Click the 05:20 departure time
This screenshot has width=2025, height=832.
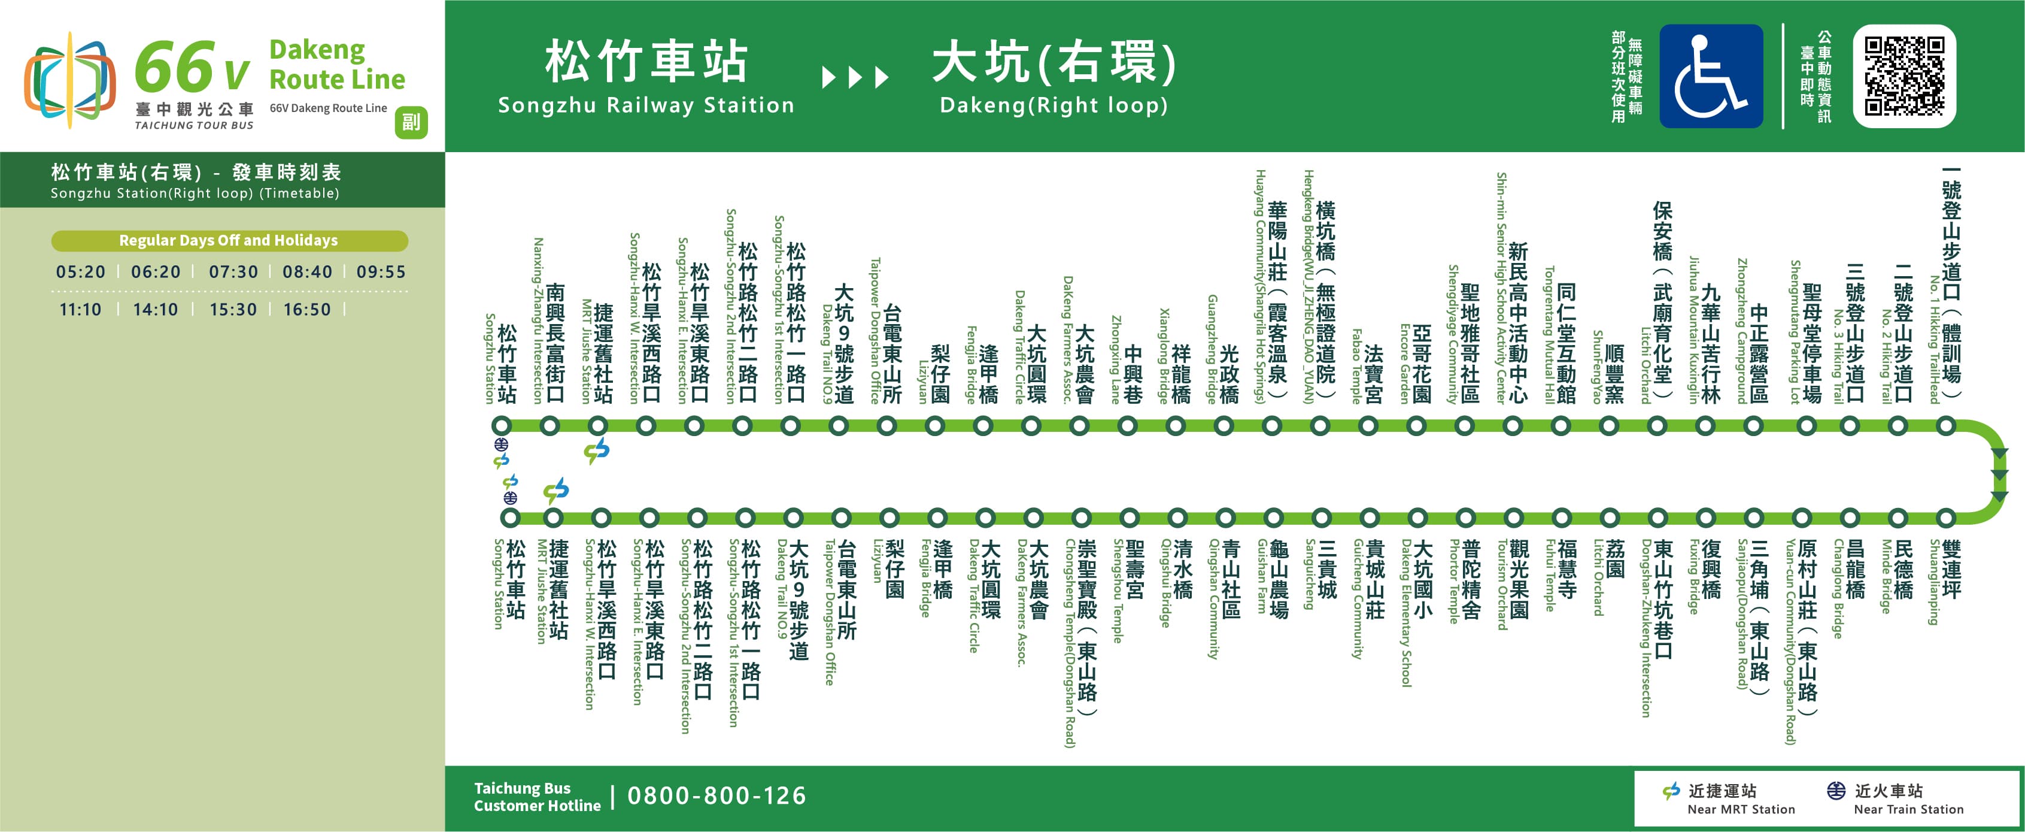80,272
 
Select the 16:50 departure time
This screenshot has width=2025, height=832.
306,310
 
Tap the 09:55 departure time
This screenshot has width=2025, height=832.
381,272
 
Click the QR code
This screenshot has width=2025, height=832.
1904,75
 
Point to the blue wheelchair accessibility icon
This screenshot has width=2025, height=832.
1711,75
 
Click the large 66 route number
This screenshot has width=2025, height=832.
175,68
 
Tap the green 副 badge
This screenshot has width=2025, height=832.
411,122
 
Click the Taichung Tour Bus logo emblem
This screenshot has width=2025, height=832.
69,78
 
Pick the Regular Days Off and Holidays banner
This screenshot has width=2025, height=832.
229,241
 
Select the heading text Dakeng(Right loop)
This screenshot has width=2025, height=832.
1054,105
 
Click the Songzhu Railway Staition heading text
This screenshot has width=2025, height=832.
646,105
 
